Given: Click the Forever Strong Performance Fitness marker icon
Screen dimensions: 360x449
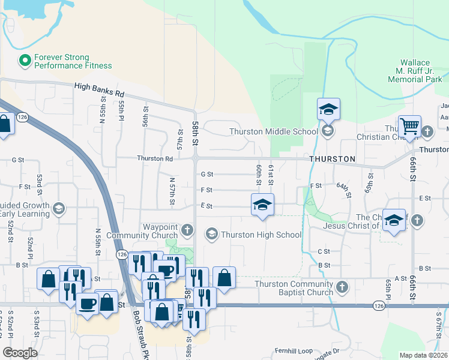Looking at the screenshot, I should click(x=25, y=60).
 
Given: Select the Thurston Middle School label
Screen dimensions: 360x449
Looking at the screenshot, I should click(x=273, y=131).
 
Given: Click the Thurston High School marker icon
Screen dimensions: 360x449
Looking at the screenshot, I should click(x=211, y=234).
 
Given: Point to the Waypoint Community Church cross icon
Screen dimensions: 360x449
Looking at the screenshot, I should click(x=188, y=229).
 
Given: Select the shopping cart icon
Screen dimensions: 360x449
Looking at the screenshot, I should click(x=409, y=127).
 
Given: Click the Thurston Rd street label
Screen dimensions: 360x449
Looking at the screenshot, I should click(x=155, y=158).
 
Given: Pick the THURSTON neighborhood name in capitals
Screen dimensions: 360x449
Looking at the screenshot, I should click(x=333, y=159).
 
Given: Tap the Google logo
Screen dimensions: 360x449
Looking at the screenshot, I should click(x=20, y=352).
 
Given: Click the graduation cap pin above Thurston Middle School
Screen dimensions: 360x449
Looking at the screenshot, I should click(x=328, y=110).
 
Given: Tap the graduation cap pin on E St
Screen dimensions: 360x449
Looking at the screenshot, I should click(x=262, y=205).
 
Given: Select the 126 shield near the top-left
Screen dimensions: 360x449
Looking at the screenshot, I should click(x=23, y=116).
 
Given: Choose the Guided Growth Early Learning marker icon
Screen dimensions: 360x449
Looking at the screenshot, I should click(x=58, y=208).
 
